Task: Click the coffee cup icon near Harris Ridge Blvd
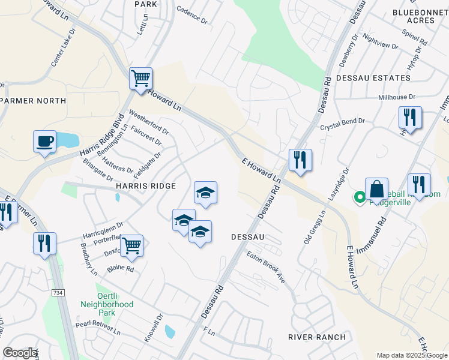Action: pyautogui.click(x=44, y=142)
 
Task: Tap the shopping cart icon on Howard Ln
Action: pyautogui.click(x=140, y=79)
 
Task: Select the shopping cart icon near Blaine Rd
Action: pyautogui.click(x=131, y=245)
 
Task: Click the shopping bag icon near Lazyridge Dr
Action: pyautogui.click(x=376, y=190)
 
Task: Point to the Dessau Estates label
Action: pyautogui.click(x=373, y=78)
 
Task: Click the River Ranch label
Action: pyautogui.click(x=317, y=337)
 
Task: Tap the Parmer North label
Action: pyautogui.click(x=34, y=100)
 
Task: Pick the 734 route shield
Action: pyautogui.click(x=56, y=292)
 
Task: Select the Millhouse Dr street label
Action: pyautogui.click(x=396, y=97)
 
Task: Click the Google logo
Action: pyautogui.click(x=20, y=353)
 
